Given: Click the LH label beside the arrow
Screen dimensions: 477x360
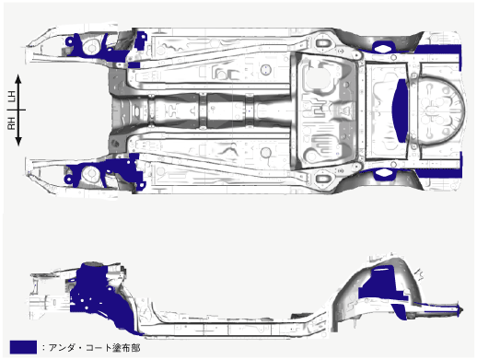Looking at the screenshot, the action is [11, 98].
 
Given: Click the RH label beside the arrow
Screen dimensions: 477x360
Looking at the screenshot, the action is [11, 122].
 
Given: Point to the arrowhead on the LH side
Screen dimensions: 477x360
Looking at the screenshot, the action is [18, 78].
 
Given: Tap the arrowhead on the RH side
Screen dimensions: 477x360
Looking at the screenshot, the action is [18, 141].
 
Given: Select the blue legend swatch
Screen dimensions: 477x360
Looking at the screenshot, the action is [23, 347].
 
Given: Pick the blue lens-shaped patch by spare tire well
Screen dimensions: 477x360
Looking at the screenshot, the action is [401, 110].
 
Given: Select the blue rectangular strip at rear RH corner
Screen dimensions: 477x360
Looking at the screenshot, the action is [439, 168].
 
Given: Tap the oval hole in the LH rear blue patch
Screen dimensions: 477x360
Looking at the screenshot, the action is [383, 49].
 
